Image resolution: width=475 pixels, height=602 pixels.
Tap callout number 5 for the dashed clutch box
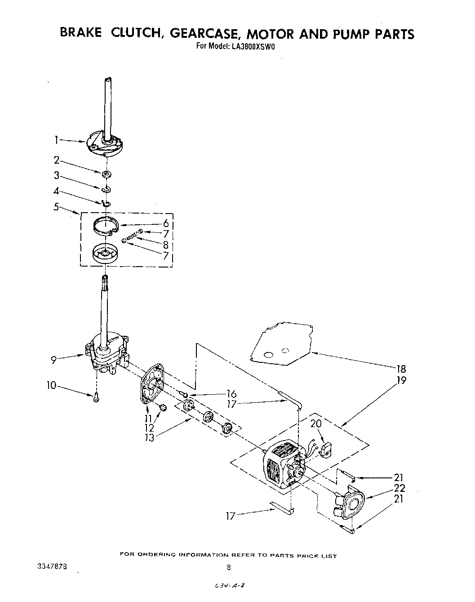point(57,208)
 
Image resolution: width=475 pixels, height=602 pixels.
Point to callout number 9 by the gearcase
point(53,360)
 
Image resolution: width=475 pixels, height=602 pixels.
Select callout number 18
point(401,369)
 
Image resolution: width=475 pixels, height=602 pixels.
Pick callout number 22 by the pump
point(399,488)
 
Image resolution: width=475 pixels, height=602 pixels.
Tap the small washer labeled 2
point(106,174)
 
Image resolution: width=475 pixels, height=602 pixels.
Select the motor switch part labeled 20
point(327,448)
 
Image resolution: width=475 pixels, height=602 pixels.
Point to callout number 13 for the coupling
point(149,437)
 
